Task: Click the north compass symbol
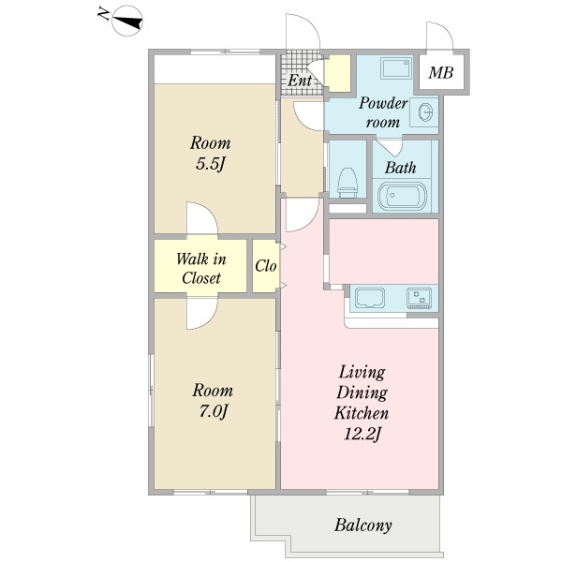click(127, 21)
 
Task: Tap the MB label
click(441, 73)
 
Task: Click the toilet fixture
click(348, 183)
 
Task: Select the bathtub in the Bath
click(402, 197)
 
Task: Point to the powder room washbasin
click(425, 113)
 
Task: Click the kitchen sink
click(370, 298)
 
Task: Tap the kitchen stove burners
click(419, 298)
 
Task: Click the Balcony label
click(363, 525)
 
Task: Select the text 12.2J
click(362, 435)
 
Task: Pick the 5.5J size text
click(211, 164)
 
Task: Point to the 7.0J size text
click(213, 411)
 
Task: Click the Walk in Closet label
click(201, 269)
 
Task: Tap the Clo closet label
click(266, 266)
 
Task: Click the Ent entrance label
click(300, 80)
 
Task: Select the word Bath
click(400, 168)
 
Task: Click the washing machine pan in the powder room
click(397, 67)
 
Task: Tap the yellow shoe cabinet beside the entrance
click(337, 73)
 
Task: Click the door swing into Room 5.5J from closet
click(202, 218)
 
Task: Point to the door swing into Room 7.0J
click(202, 314)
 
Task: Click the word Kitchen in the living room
click(362, 413)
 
